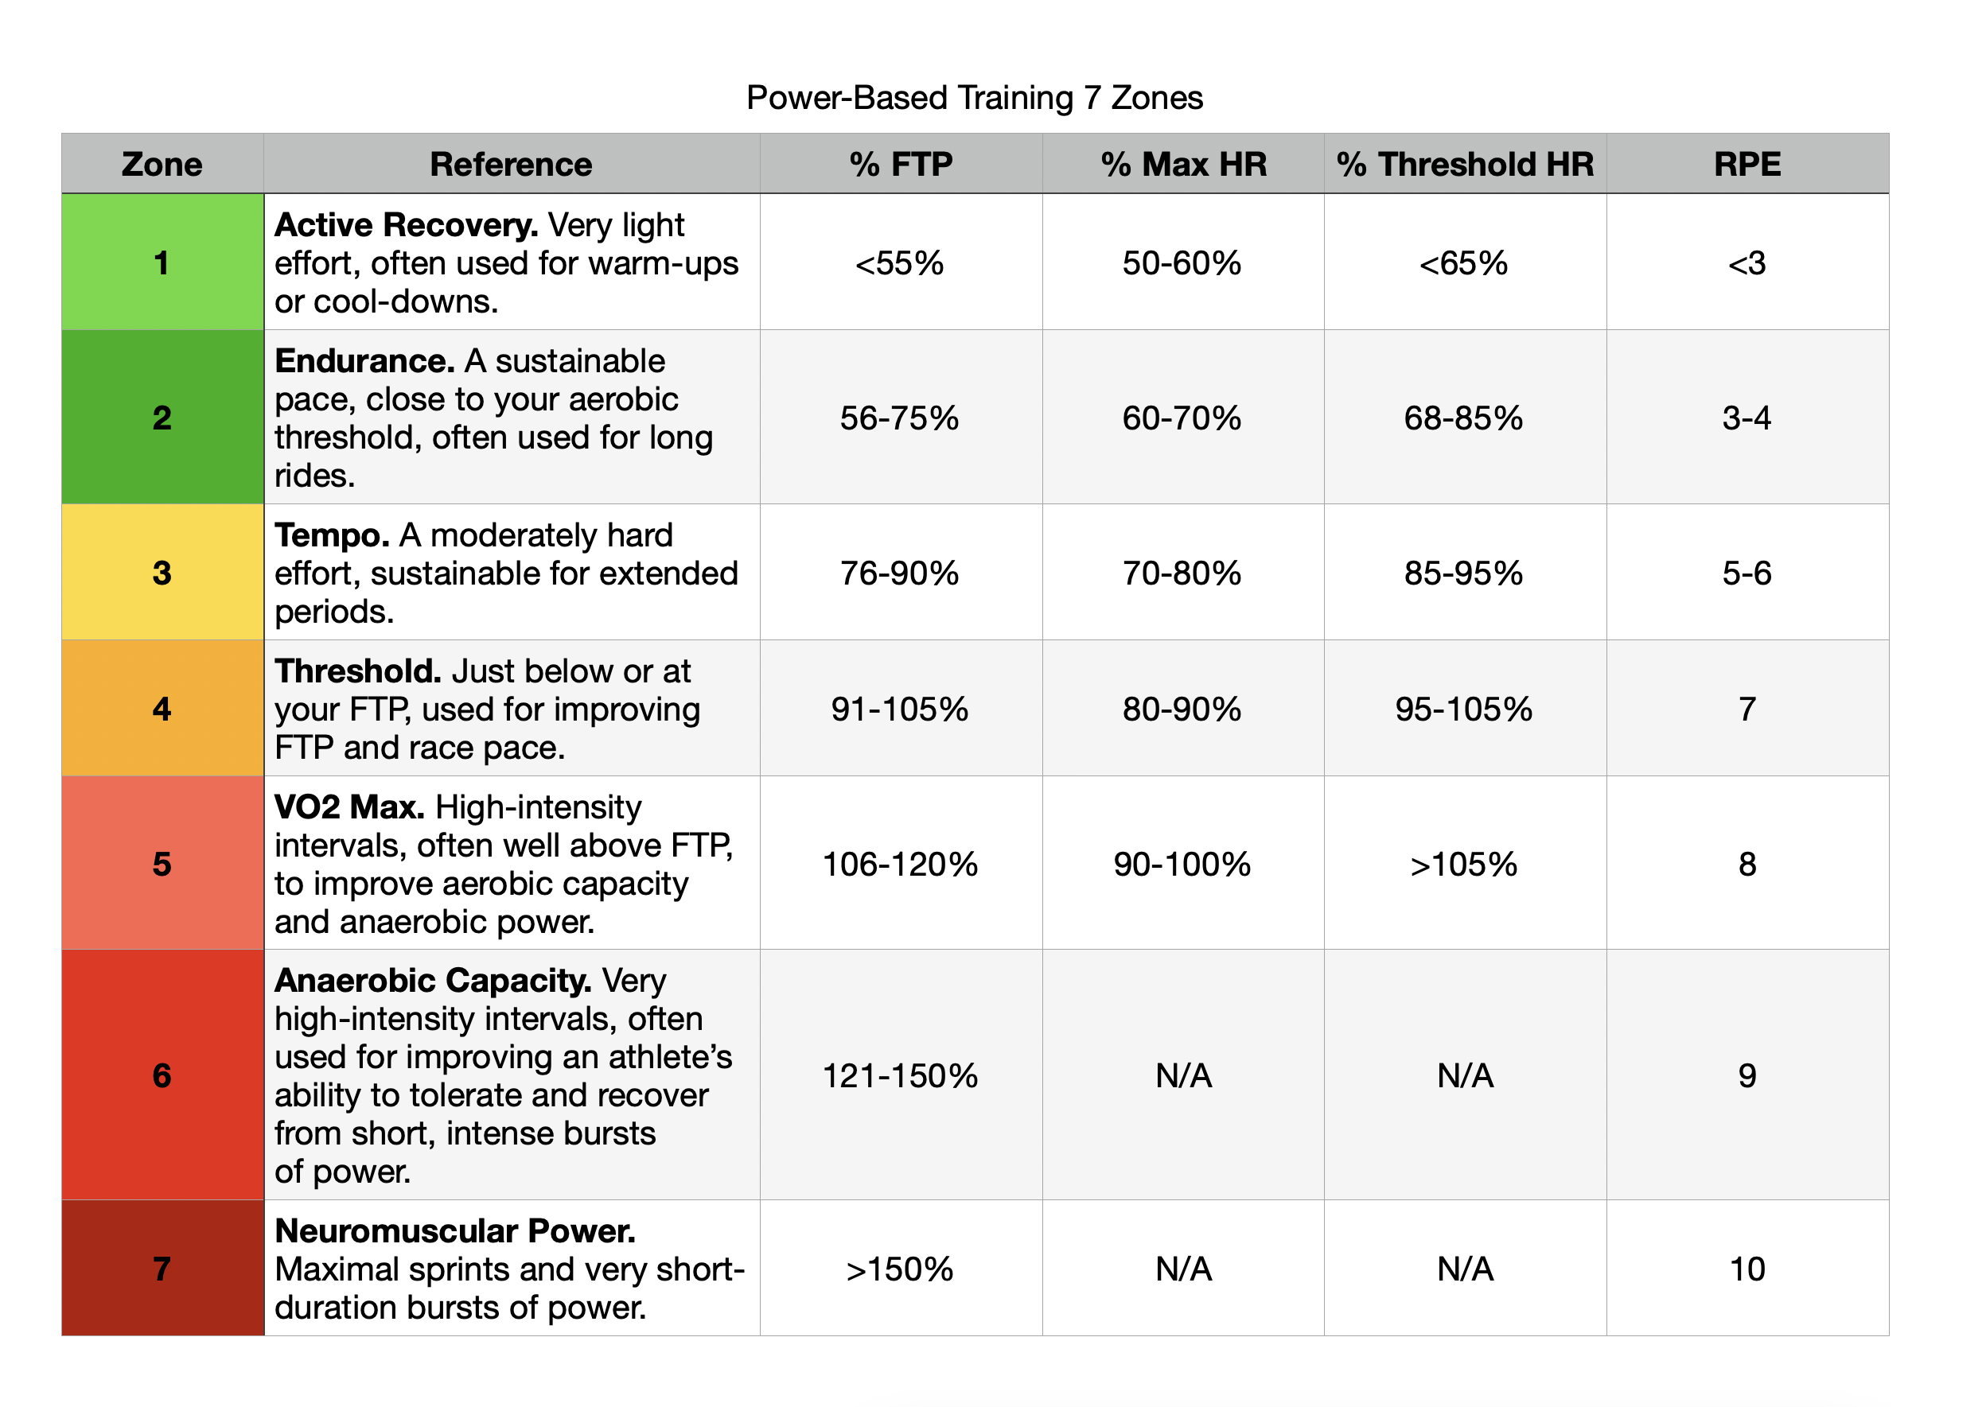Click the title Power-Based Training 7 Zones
[x=974, y=98]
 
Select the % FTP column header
[x=900, y=164]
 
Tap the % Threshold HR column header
[x=1464, y=164]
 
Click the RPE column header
[x=1747, y=164]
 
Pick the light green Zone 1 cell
[x=162, y=262]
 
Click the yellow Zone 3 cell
[x=162, y=573]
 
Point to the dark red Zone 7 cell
[x=162, y=1269]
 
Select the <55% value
[x=899, y=263]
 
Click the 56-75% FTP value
[x=899, y=418]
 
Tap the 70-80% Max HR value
[x=1182, y=573]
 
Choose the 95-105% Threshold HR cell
[x=1463, y=709]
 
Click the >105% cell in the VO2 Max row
[x=1463, y=865]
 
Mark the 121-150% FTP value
[x=899, y=1076]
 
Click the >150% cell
[x=899, y=1269]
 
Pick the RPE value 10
[x=1747, y=1269]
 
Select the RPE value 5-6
[x=1747, y=573]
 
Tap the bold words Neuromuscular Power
[x=455, y=1231]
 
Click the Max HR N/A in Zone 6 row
[x=1182, y=1076]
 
